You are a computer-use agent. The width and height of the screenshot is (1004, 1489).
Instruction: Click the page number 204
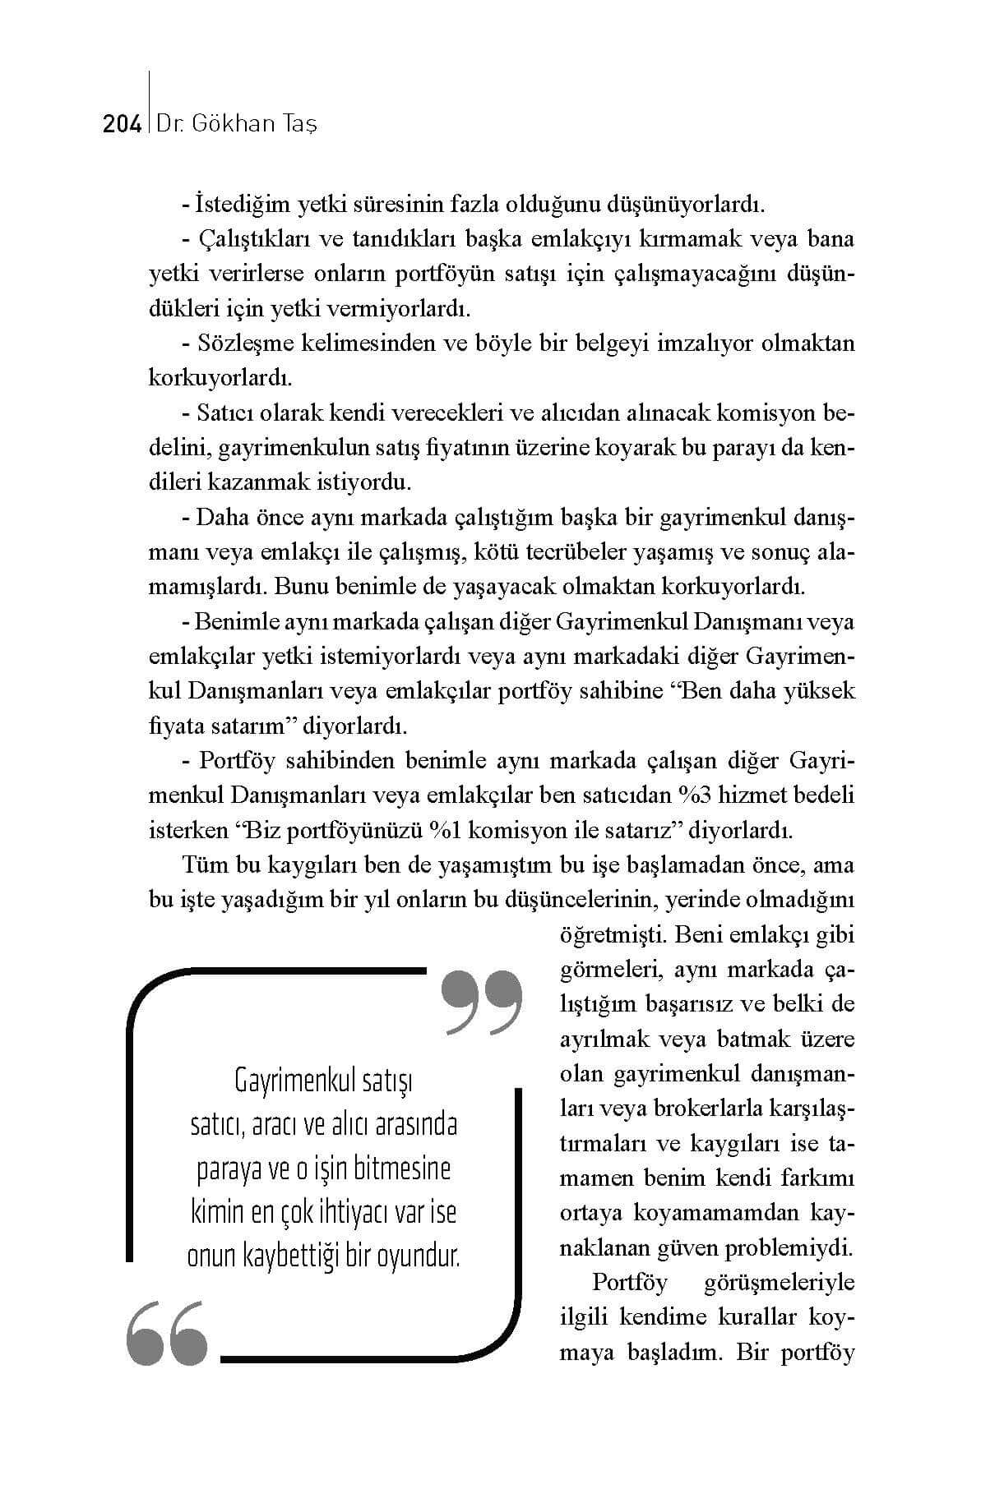123,125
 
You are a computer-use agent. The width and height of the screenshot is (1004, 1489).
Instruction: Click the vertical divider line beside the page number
149,103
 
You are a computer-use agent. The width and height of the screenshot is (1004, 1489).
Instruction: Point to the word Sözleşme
238,343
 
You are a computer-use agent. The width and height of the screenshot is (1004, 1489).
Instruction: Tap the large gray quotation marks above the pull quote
481,1003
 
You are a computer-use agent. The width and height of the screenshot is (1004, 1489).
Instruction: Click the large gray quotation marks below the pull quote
167,1332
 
